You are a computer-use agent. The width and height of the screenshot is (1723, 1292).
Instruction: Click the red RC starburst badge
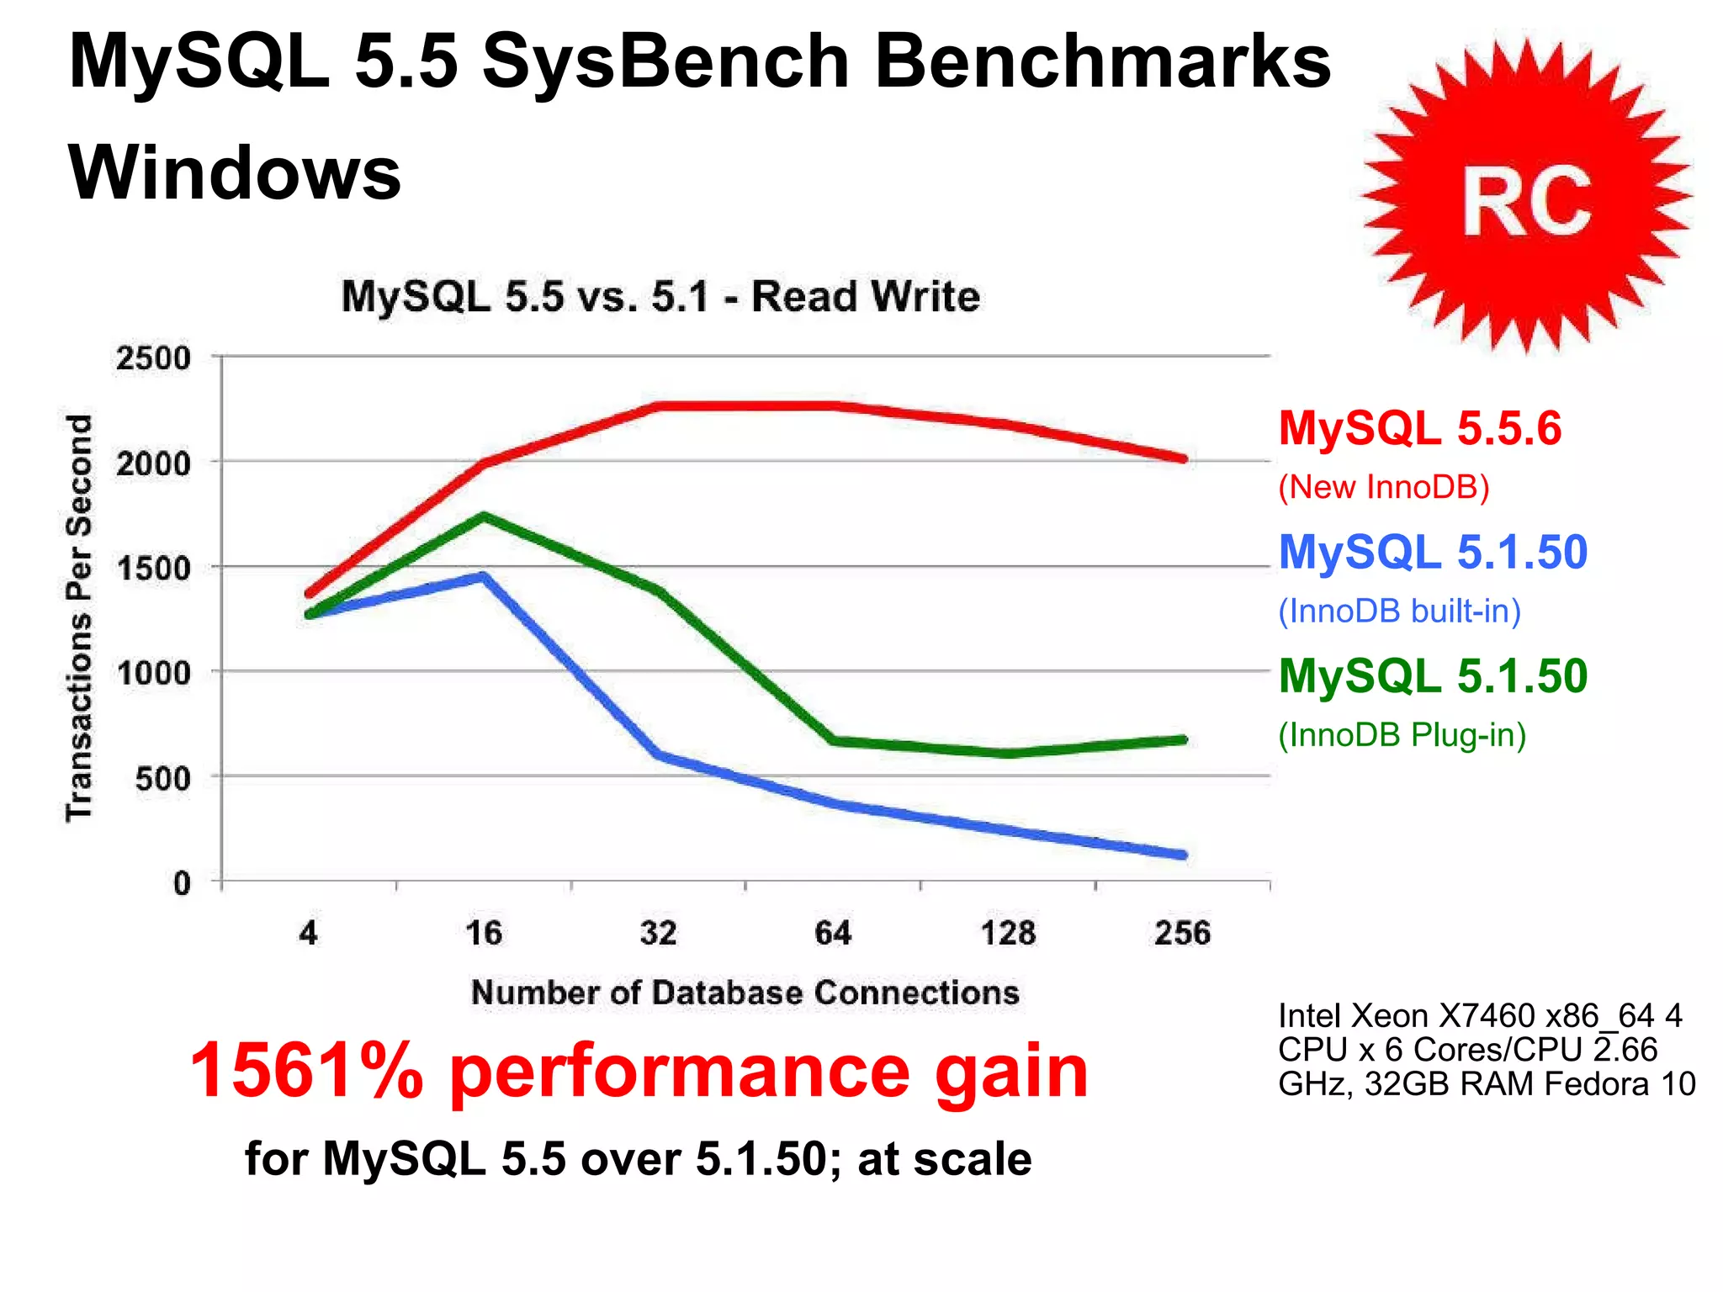(x=1525, y=198)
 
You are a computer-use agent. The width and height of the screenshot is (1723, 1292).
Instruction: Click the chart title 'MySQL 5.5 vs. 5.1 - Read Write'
(x=660, y=297)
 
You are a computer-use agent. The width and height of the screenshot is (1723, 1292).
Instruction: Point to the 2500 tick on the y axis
(x=153, y=358)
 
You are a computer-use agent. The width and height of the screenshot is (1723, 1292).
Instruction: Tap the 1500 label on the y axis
(x=153, y=569)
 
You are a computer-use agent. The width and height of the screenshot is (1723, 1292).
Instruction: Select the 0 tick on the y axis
(x=182, y=883)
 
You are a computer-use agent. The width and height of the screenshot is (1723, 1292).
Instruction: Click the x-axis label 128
(x=1008, y=934)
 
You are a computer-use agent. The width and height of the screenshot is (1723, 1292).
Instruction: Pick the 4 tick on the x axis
(x=308, y=934)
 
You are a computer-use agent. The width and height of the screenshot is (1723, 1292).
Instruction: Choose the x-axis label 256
(x=1182, y=934)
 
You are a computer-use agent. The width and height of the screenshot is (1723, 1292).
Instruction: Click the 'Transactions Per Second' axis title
(x=79, y=618)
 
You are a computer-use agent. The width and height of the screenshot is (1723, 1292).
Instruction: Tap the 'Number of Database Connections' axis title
(x=745, y=993)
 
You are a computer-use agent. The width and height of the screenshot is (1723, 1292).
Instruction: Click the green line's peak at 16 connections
(x=484, y=516)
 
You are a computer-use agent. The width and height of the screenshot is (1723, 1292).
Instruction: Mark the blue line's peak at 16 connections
(x=484, y=577)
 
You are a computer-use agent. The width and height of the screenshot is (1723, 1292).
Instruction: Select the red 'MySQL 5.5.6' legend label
(x=1419, y=428)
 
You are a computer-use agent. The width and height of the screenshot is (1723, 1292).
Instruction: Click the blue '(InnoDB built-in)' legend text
(x=1399, y=612)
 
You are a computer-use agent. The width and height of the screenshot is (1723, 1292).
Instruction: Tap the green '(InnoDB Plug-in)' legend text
(x=1402, y=735)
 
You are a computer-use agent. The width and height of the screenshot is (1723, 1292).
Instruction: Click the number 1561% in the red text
(x=307, y=1070)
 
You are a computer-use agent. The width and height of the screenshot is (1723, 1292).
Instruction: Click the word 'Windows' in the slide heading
(x=235, y=172)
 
